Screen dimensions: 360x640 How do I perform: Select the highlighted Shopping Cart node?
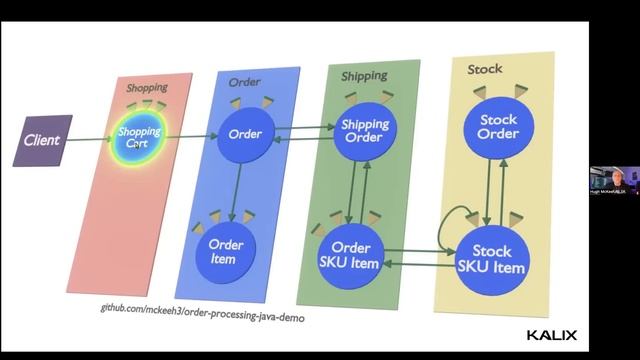pyautogui.click(x=139, y=137)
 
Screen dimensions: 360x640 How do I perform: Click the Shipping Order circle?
pyautogui.click(x=364, y=131)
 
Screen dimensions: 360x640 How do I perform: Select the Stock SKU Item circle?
pyautogui.click(x=491, y=260)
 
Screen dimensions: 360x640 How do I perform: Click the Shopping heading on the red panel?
pyautogui.click(x=147, y=88)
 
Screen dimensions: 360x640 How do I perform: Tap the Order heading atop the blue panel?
pyautogui.click(x=244, y=80)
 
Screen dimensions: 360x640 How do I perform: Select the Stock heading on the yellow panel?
pyautogui.click(x=485, y=69)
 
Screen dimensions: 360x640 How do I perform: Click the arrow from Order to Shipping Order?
pyautogui.click(x=304, y=129)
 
